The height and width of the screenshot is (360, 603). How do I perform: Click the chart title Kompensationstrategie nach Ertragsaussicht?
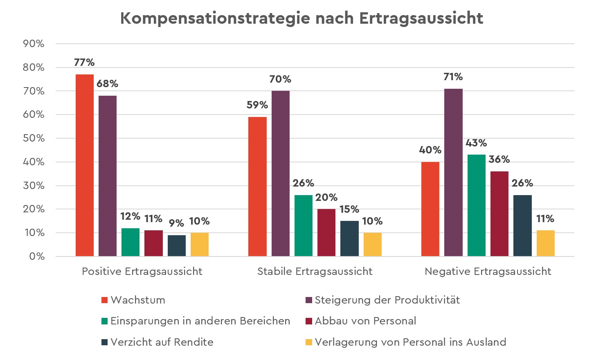(301, 18)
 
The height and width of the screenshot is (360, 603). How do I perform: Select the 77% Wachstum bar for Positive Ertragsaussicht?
(85, 165)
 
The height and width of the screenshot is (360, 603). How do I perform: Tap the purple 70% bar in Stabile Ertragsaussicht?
(280, 173)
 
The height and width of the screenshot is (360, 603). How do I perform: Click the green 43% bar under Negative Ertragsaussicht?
(476, 205)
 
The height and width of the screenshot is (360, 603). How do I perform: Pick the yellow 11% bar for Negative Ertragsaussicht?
(545, 243)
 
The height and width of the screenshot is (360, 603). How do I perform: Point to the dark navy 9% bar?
(177, 246)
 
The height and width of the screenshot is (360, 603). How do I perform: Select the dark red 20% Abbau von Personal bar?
(326, 233)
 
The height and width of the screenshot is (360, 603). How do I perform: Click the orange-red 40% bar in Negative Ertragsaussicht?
(430, 209)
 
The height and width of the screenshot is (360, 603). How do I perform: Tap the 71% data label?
(453, 77)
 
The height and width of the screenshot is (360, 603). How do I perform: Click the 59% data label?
(257, 105)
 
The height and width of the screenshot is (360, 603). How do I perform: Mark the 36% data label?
(499, 160)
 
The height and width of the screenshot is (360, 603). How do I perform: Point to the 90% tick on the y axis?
(34, 44)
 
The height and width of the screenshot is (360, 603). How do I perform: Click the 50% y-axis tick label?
(34, 138)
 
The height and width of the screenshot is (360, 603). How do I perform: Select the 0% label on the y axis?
(36, 256)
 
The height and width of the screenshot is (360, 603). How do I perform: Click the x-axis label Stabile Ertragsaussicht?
(315, 272)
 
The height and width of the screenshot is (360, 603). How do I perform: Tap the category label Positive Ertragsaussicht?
(142, 272)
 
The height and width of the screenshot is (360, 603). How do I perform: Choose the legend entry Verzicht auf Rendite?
(162, 342)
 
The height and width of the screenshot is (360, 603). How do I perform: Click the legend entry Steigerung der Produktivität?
(387, 300)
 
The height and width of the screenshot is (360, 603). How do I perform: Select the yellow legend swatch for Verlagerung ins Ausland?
(309, 342)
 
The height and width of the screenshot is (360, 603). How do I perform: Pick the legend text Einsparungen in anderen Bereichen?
(200, 321)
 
